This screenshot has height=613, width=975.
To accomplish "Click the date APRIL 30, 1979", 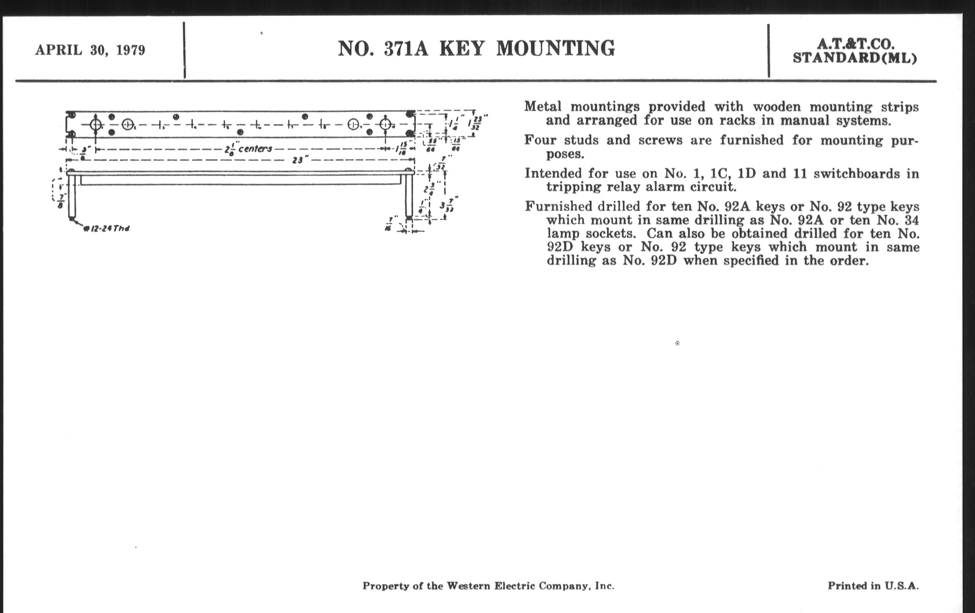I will pos(90,50).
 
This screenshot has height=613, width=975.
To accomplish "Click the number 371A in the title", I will pos(406,48).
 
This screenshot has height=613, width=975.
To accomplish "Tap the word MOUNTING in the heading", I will pos(556,48).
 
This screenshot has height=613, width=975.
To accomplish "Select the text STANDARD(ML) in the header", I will pos(855,58).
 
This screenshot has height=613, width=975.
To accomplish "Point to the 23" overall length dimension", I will pos(298,160).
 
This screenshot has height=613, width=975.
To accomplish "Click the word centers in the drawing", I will pos(255,149).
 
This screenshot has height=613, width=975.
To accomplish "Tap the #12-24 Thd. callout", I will pos(107,229).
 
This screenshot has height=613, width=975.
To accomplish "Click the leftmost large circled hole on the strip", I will pos(95,124).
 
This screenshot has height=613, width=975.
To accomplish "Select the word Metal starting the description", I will pos(542,107).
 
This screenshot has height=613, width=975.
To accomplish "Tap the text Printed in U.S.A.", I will pos(873,585).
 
